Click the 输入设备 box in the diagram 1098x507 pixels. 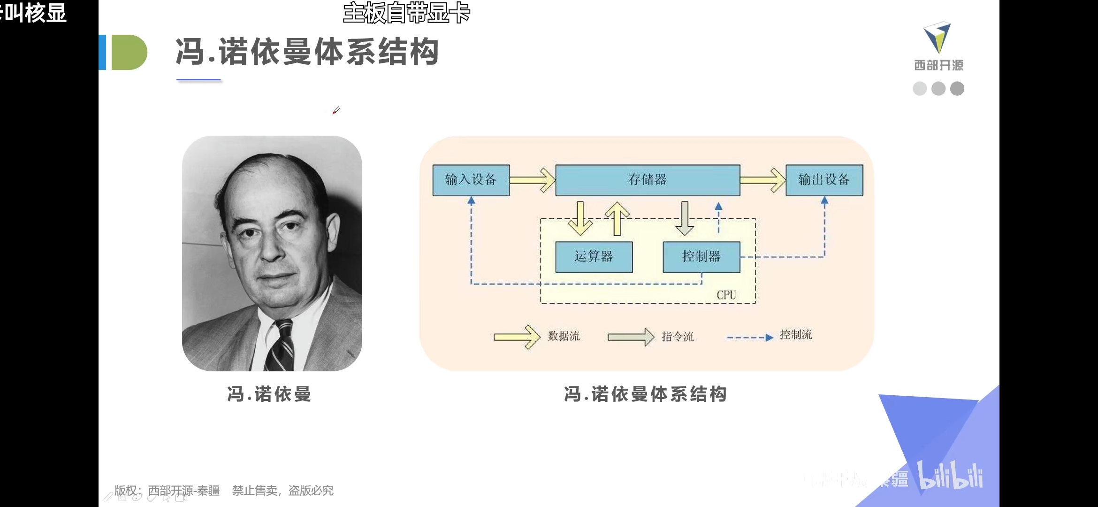tap(471, 180)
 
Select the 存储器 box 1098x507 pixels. tap(648, 180)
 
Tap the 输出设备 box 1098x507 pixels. tap(824, 180)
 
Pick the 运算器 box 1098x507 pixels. tap(594, 257)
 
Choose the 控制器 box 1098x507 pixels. tap(701, 257)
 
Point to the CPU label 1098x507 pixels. tap(726, 295)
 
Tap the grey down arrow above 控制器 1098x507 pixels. tap(685, 219)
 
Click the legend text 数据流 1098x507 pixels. tap(564, 336)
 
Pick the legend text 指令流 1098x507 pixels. tap(678, 337)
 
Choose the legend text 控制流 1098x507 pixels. tap(796, 335)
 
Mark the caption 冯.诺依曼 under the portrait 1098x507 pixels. tap(269, 394)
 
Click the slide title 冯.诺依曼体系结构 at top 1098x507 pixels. tap(307, 52)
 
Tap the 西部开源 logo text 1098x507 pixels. tap(938, 65)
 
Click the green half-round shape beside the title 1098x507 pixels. tap(129, 52)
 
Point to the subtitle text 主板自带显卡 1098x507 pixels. tap(406, 13)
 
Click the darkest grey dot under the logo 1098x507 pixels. tap(957, 89)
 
